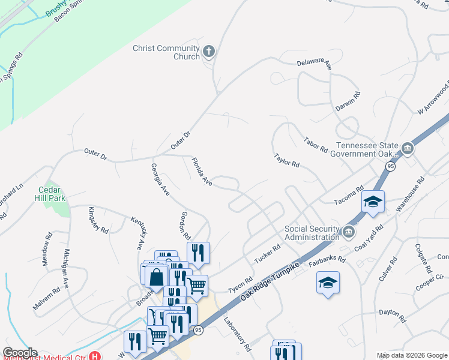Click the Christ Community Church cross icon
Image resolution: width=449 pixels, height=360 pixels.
(x=209, y=52)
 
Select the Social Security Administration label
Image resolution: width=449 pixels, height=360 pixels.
(x=312, y=232)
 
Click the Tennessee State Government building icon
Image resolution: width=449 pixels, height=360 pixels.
(x=408, y=148)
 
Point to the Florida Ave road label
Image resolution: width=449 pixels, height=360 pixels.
(x=202, y=171)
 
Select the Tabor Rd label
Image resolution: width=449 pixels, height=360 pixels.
(x=316, y=143)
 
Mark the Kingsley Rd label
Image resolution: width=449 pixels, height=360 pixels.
(x=98, y=220)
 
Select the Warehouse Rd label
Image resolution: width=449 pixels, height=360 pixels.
(x=412, y=194)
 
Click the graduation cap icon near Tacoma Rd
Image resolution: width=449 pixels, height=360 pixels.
(x=373, y=202)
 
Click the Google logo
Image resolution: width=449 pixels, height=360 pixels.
(x=20, y=353)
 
